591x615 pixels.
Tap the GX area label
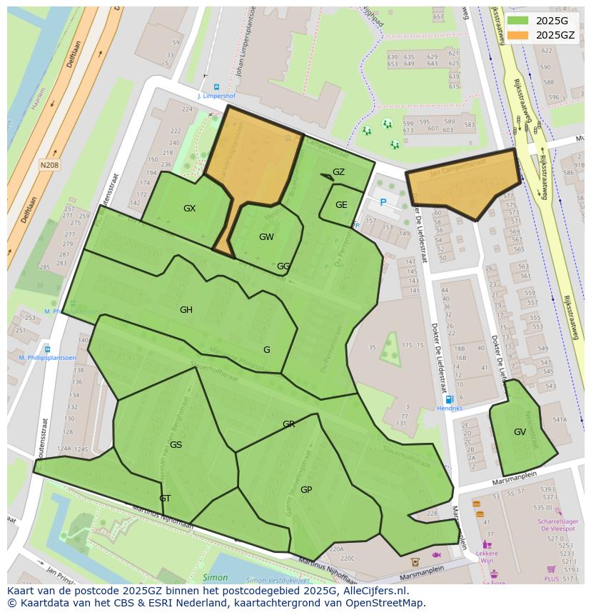click(189, 209)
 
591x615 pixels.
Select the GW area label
click(266, 237)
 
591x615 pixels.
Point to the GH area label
click(186, 310)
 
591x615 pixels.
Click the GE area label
click(341, 205)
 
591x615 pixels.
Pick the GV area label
click(520, 432)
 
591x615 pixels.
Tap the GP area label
click(306, 490)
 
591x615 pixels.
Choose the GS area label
click(176, 445)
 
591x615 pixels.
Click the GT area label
click(165, 499)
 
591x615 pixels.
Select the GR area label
click(288, 424)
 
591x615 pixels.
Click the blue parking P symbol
click(383, 203)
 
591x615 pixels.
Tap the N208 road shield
click(49, 165)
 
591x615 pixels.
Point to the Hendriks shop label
click(450, 409)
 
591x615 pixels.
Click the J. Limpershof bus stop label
click(216, 96)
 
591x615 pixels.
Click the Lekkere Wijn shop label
click(487, 557)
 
